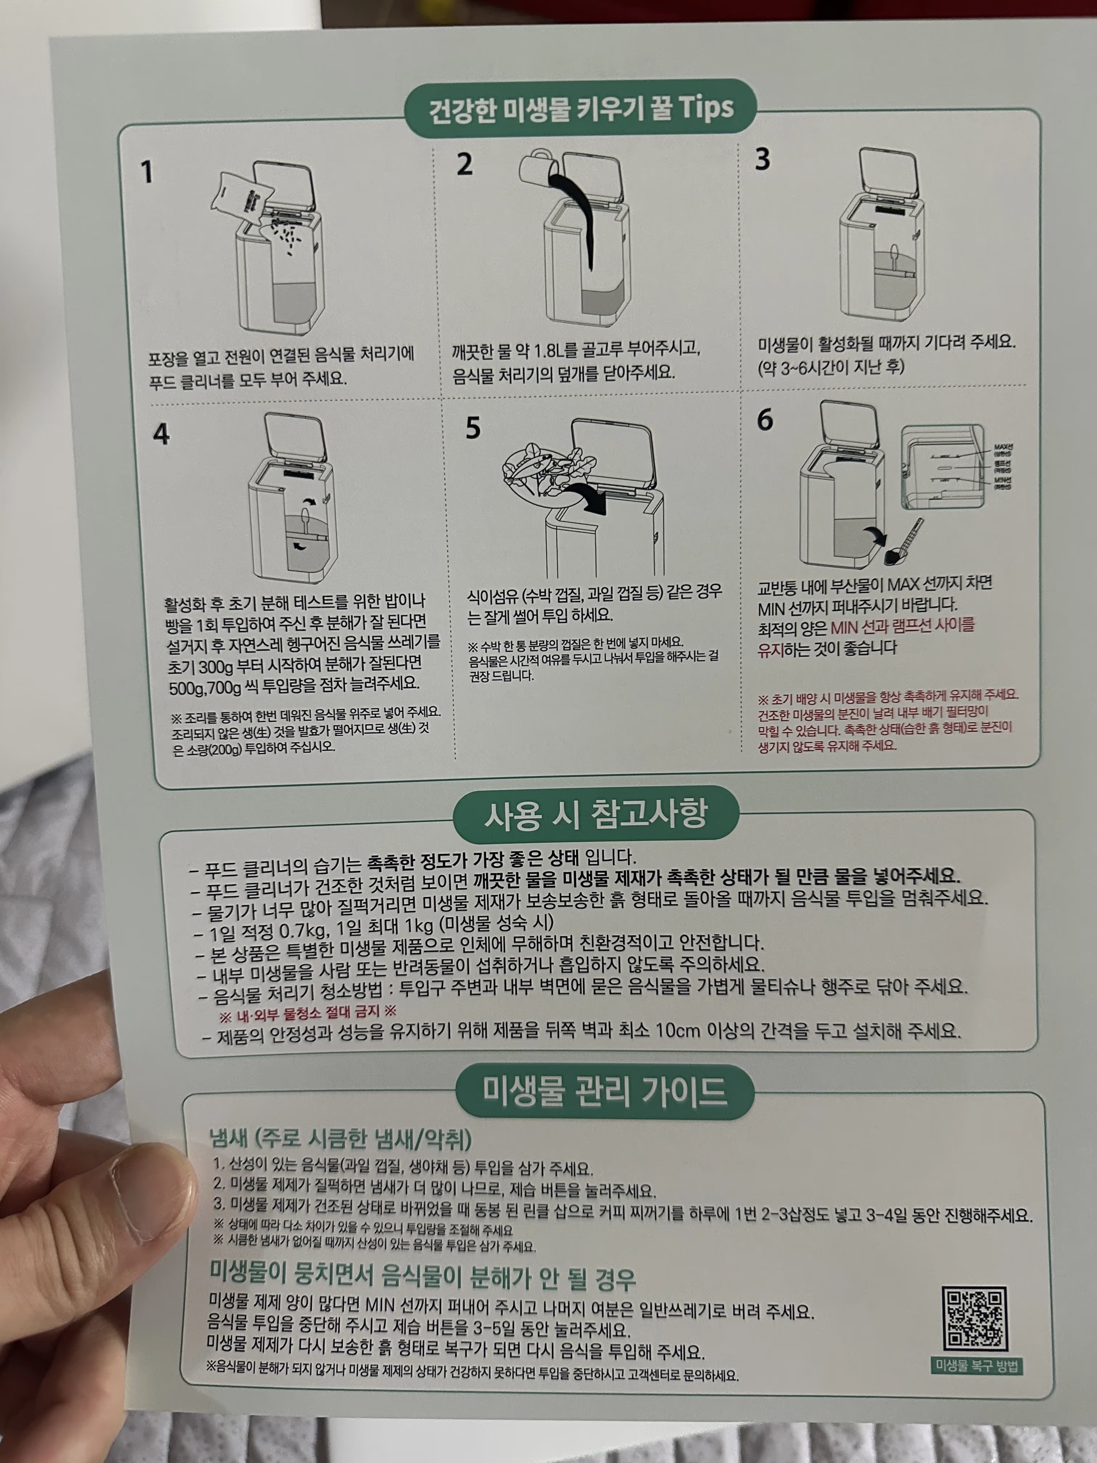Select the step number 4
point(161,435)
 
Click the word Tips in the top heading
point(706,107)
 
